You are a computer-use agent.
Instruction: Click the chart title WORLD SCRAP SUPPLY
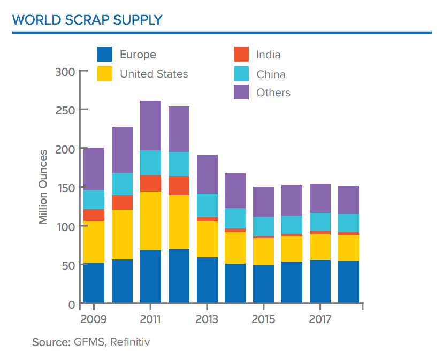pyautogui.click(x=87, y=20)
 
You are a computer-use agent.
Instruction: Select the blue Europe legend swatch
pyautogui.click(x=105, y=55)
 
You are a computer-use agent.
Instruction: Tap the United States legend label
pyautogui.click(x=154, y=74)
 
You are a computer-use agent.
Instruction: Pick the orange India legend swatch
pyautogui.click(x=241, y=55)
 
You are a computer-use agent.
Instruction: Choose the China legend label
pyautogui.click(x=271, y=74)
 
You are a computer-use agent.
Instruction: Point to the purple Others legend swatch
pyautogui.click(x=241, y=93)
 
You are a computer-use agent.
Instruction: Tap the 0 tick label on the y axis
pyautogui.click(x=72, y=304)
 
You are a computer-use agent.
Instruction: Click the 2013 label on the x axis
pyautogui.click(x=207, y=319)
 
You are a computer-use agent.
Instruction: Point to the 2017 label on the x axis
pyautogui.click(x=320, y=319)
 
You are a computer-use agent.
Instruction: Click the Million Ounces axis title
pyautogui.click(x=43, y=187)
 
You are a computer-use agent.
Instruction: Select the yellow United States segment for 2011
pyautogui.click(x=150, y=221)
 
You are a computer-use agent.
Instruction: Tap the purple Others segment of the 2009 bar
pyautogui.click(x=94, y=168)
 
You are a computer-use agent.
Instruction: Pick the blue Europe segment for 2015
pyautogui.click(x=263, y=284)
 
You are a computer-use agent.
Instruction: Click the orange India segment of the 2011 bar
pyautogui.click(x=150, y=183)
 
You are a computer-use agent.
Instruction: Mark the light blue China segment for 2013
pyautogui.click(x=207, y=205)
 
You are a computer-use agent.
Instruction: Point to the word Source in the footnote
pyautogui.click(x=49, y=341)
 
